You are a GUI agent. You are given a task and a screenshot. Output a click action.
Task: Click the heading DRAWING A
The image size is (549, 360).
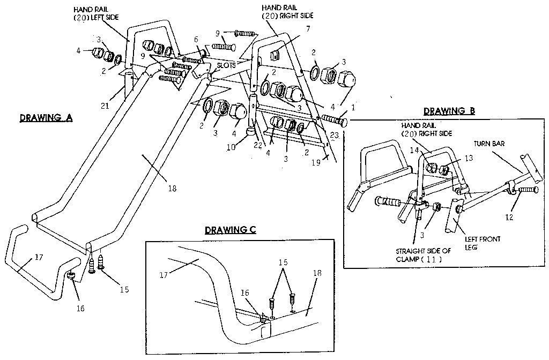pyautogui.click(x=46, y=118)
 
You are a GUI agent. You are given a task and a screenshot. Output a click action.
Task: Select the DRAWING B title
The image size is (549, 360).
pyautogui.click(x=449, y=111)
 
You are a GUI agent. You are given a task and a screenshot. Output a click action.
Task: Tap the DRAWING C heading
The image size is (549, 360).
pyautogui.click(x=230, y=230)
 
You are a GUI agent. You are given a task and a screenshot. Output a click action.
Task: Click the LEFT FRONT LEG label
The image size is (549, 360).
pyautogui.click(x=483, y=243)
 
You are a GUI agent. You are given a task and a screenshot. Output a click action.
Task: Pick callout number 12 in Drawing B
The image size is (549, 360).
pyautogui.click(x=509, y=217)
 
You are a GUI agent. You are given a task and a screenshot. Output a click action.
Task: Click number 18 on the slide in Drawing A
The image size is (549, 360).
pyautogui.click(x=171, y=188)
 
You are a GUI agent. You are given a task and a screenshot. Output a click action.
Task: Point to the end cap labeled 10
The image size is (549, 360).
pyautogui.click(x=250, y=131)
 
